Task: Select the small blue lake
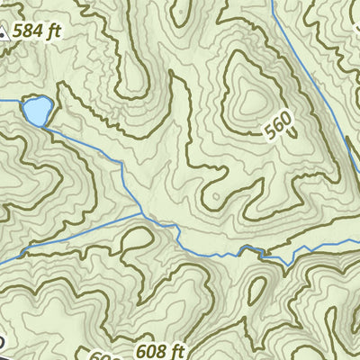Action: pos(37,112)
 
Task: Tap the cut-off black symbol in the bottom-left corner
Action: pos(3,343)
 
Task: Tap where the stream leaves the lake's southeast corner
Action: pos(48,127)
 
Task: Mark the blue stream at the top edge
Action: pos(273,3)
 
